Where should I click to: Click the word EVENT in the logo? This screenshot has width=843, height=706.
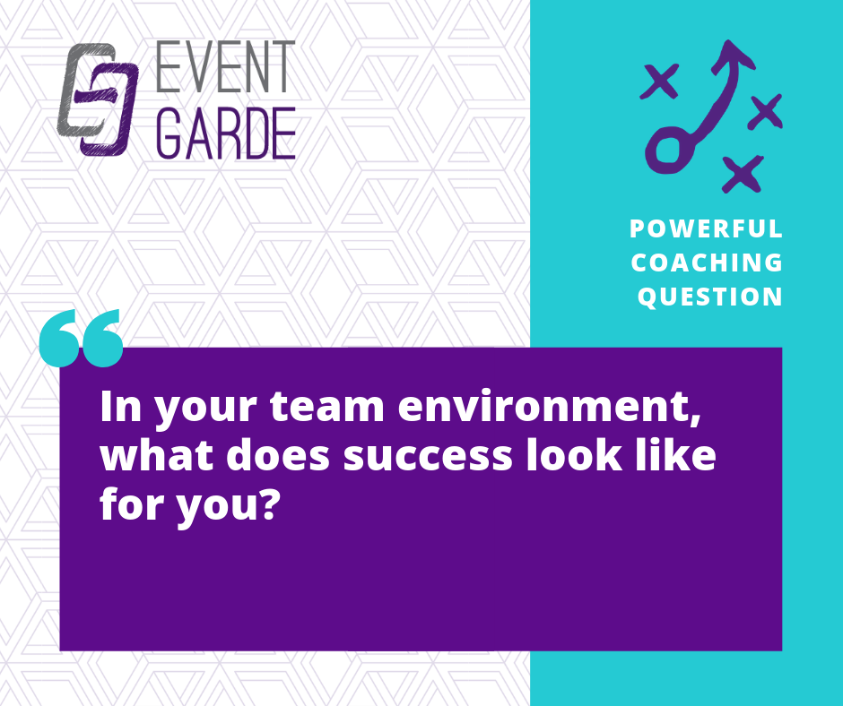tap(226, 66)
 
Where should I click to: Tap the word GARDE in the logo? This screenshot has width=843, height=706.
tap(226, 133)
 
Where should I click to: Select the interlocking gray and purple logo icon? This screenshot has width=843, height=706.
tap(98, 99)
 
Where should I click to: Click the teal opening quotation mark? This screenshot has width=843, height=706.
tap(82, 338)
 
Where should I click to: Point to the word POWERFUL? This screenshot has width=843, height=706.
tap(706, 228)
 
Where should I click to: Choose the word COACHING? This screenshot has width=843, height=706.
tap(707, 263)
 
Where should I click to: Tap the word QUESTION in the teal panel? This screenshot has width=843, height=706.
tap(709, 297)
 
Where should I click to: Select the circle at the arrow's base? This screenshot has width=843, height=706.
tap(668, 151)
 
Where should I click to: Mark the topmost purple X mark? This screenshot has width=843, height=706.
tap(660, 81)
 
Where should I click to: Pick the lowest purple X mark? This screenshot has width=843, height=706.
tap(743, 174)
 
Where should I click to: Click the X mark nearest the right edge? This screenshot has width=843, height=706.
tap(765, 111)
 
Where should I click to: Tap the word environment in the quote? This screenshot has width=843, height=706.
tap(550, 406)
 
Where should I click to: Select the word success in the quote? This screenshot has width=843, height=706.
tap(428, 456)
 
